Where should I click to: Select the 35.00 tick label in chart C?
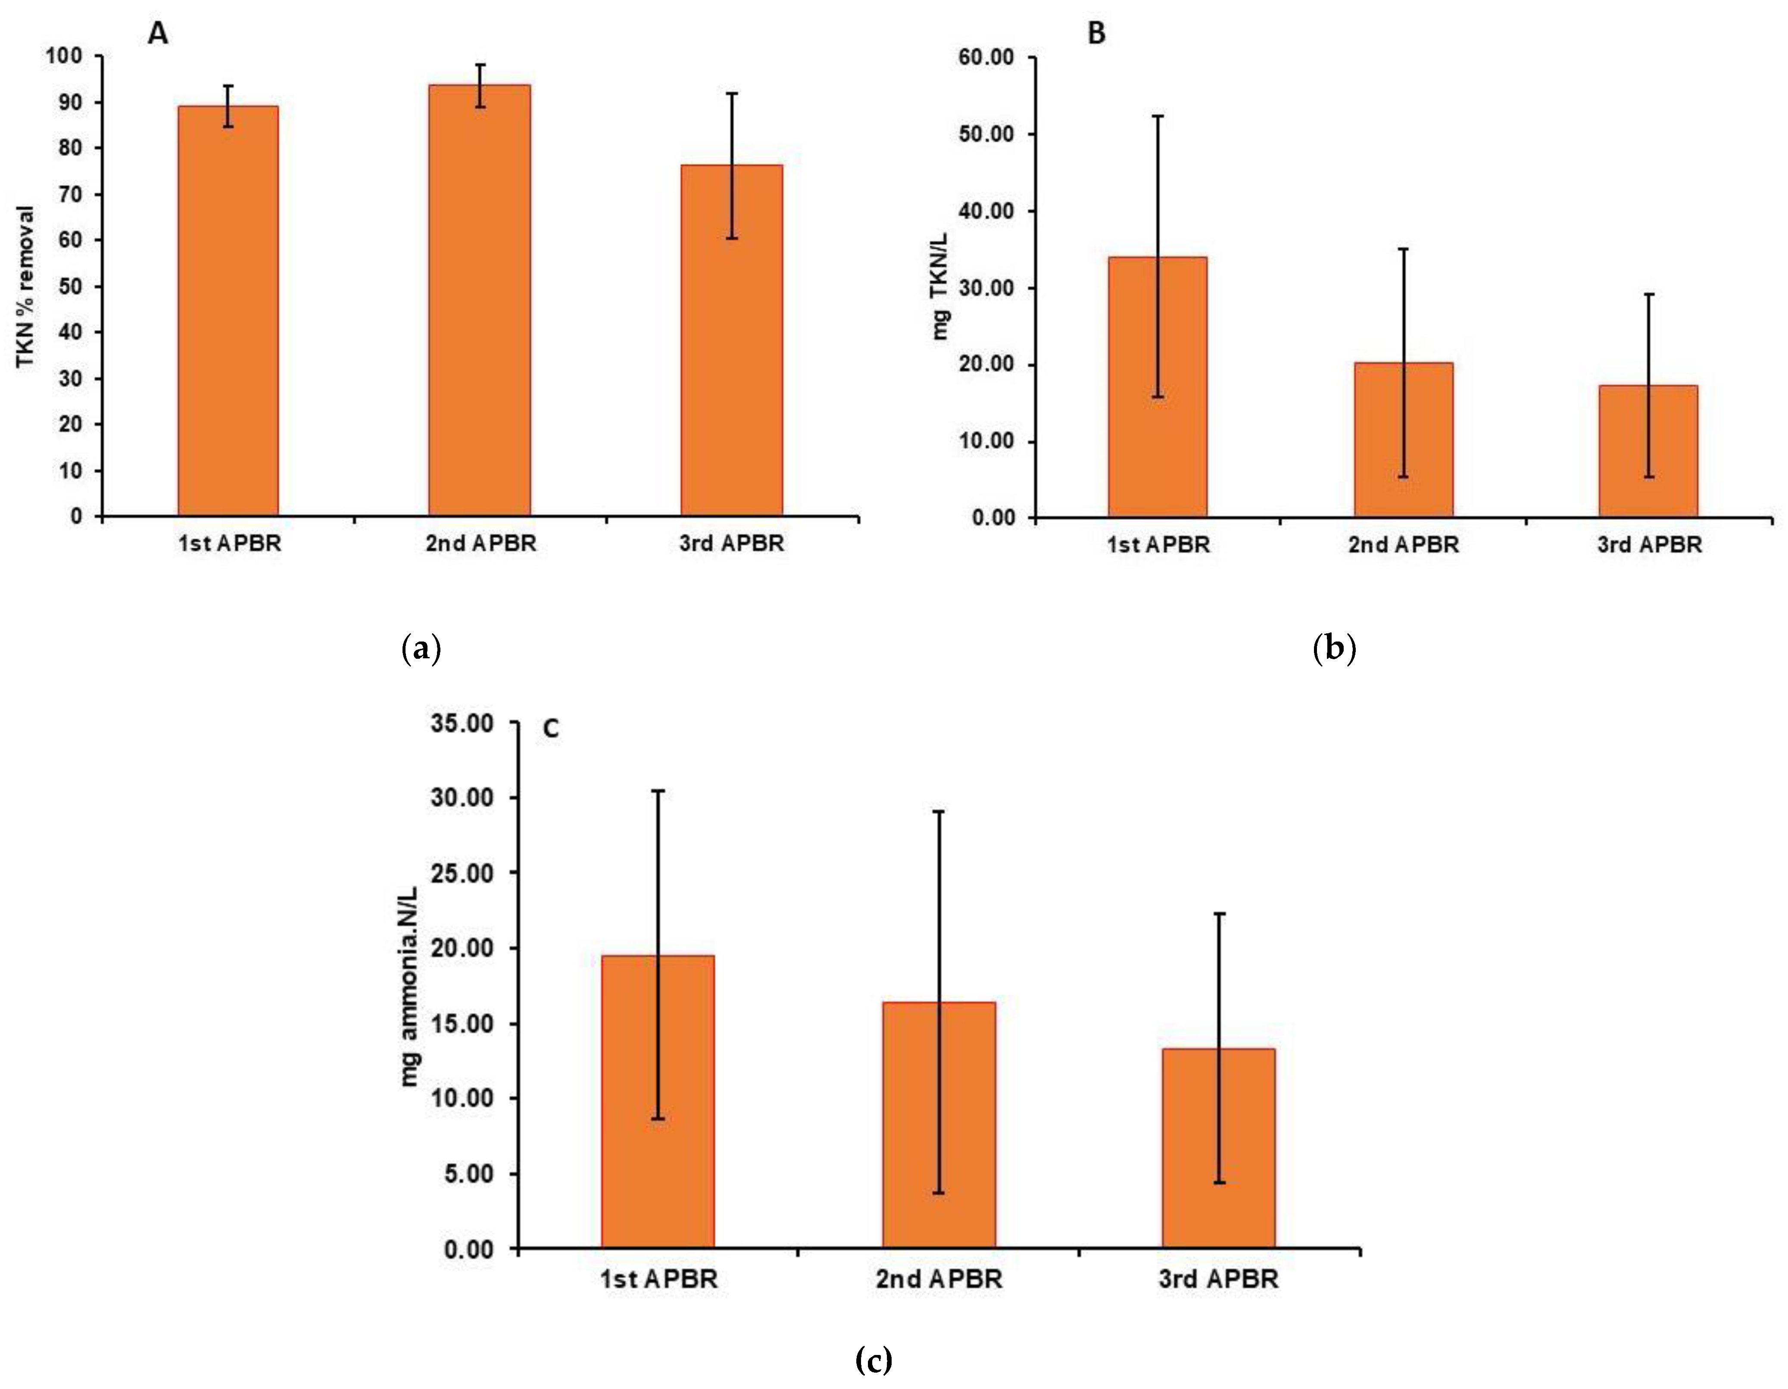tap(462, 723)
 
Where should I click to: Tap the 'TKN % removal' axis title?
tap(26, 287)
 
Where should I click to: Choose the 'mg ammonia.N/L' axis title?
tap(409, 986)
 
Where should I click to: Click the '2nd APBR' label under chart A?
tap(481, 543)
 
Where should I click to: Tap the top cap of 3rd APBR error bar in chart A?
tap(731, 93)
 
